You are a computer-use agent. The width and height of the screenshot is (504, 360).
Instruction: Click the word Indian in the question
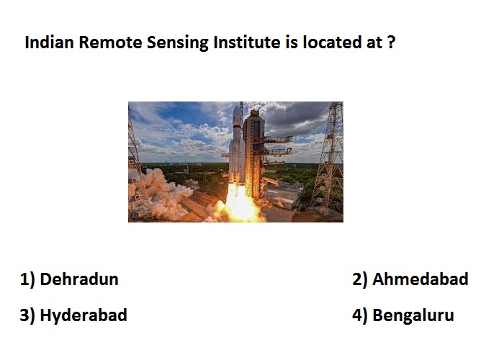click(x=49, y=42)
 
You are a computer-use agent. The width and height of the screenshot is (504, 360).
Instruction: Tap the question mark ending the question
click(x=391, y=42)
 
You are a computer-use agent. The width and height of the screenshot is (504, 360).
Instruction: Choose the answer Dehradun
click(x=79, y=279)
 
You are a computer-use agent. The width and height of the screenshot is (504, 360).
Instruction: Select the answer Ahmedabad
click(x=420, y=279)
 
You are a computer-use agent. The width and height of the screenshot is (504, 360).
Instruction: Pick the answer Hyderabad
click(x=84, y=315)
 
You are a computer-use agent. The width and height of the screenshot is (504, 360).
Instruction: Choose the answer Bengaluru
click(x=413, y=315)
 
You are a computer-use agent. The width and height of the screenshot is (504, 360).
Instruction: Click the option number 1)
click(x=27, y=279)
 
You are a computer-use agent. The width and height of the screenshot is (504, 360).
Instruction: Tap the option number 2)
click(x=360, y=279)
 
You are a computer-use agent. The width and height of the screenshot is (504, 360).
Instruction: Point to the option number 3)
click(x=27, y=315)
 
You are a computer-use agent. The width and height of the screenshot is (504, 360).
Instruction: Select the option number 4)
click(x=360, y=315)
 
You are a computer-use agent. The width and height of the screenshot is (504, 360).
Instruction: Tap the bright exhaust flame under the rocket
click(x=239, y=203)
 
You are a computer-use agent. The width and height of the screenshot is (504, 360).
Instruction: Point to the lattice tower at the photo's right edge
click(x=329, y=157)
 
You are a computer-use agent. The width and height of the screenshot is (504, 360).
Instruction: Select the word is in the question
click(x=291, y=42)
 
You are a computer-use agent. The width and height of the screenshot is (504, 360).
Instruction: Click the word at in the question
click(x=374, y=42)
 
